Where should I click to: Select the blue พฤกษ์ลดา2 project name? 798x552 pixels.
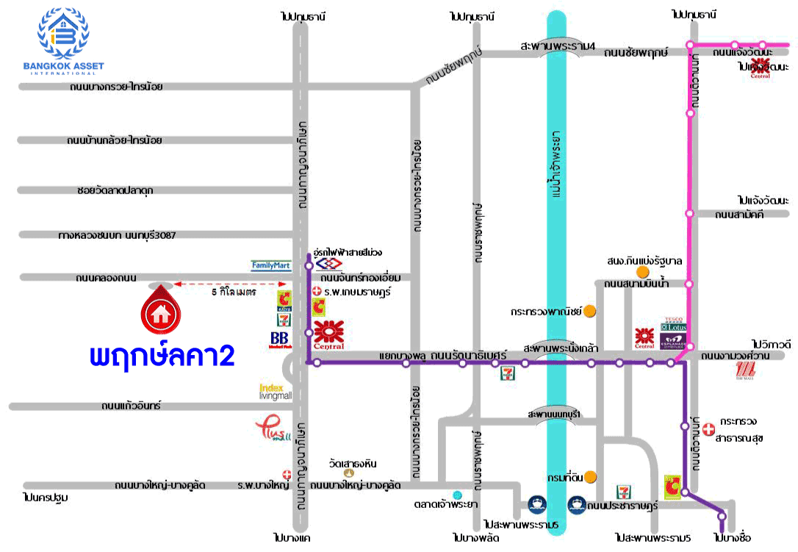[x=162, y=356]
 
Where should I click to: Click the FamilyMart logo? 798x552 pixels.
[x=271, y=265]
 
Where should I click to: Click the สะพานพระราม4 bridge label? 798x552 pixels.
[x=557, y=46]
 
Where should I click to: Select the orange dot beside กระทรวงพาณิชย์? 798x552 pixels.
[x=589, y=311]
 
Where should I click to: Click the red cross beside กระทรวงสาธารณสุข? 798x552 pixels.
[x=708, y=427]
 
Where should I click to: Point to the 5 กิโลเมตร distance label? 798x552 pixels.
[x=233, y=292]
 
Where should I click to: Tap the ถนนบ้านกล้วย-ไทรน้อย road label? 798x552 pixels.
[x=115, y=140]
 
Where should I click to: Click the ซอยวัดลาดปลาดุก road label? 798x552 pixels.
[x=115, y=190]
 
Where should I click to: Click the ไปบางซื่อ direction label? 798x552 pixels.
[x=733, y=538]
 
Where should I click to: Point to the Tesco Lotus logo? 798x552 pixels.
[x=674, y=324]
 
